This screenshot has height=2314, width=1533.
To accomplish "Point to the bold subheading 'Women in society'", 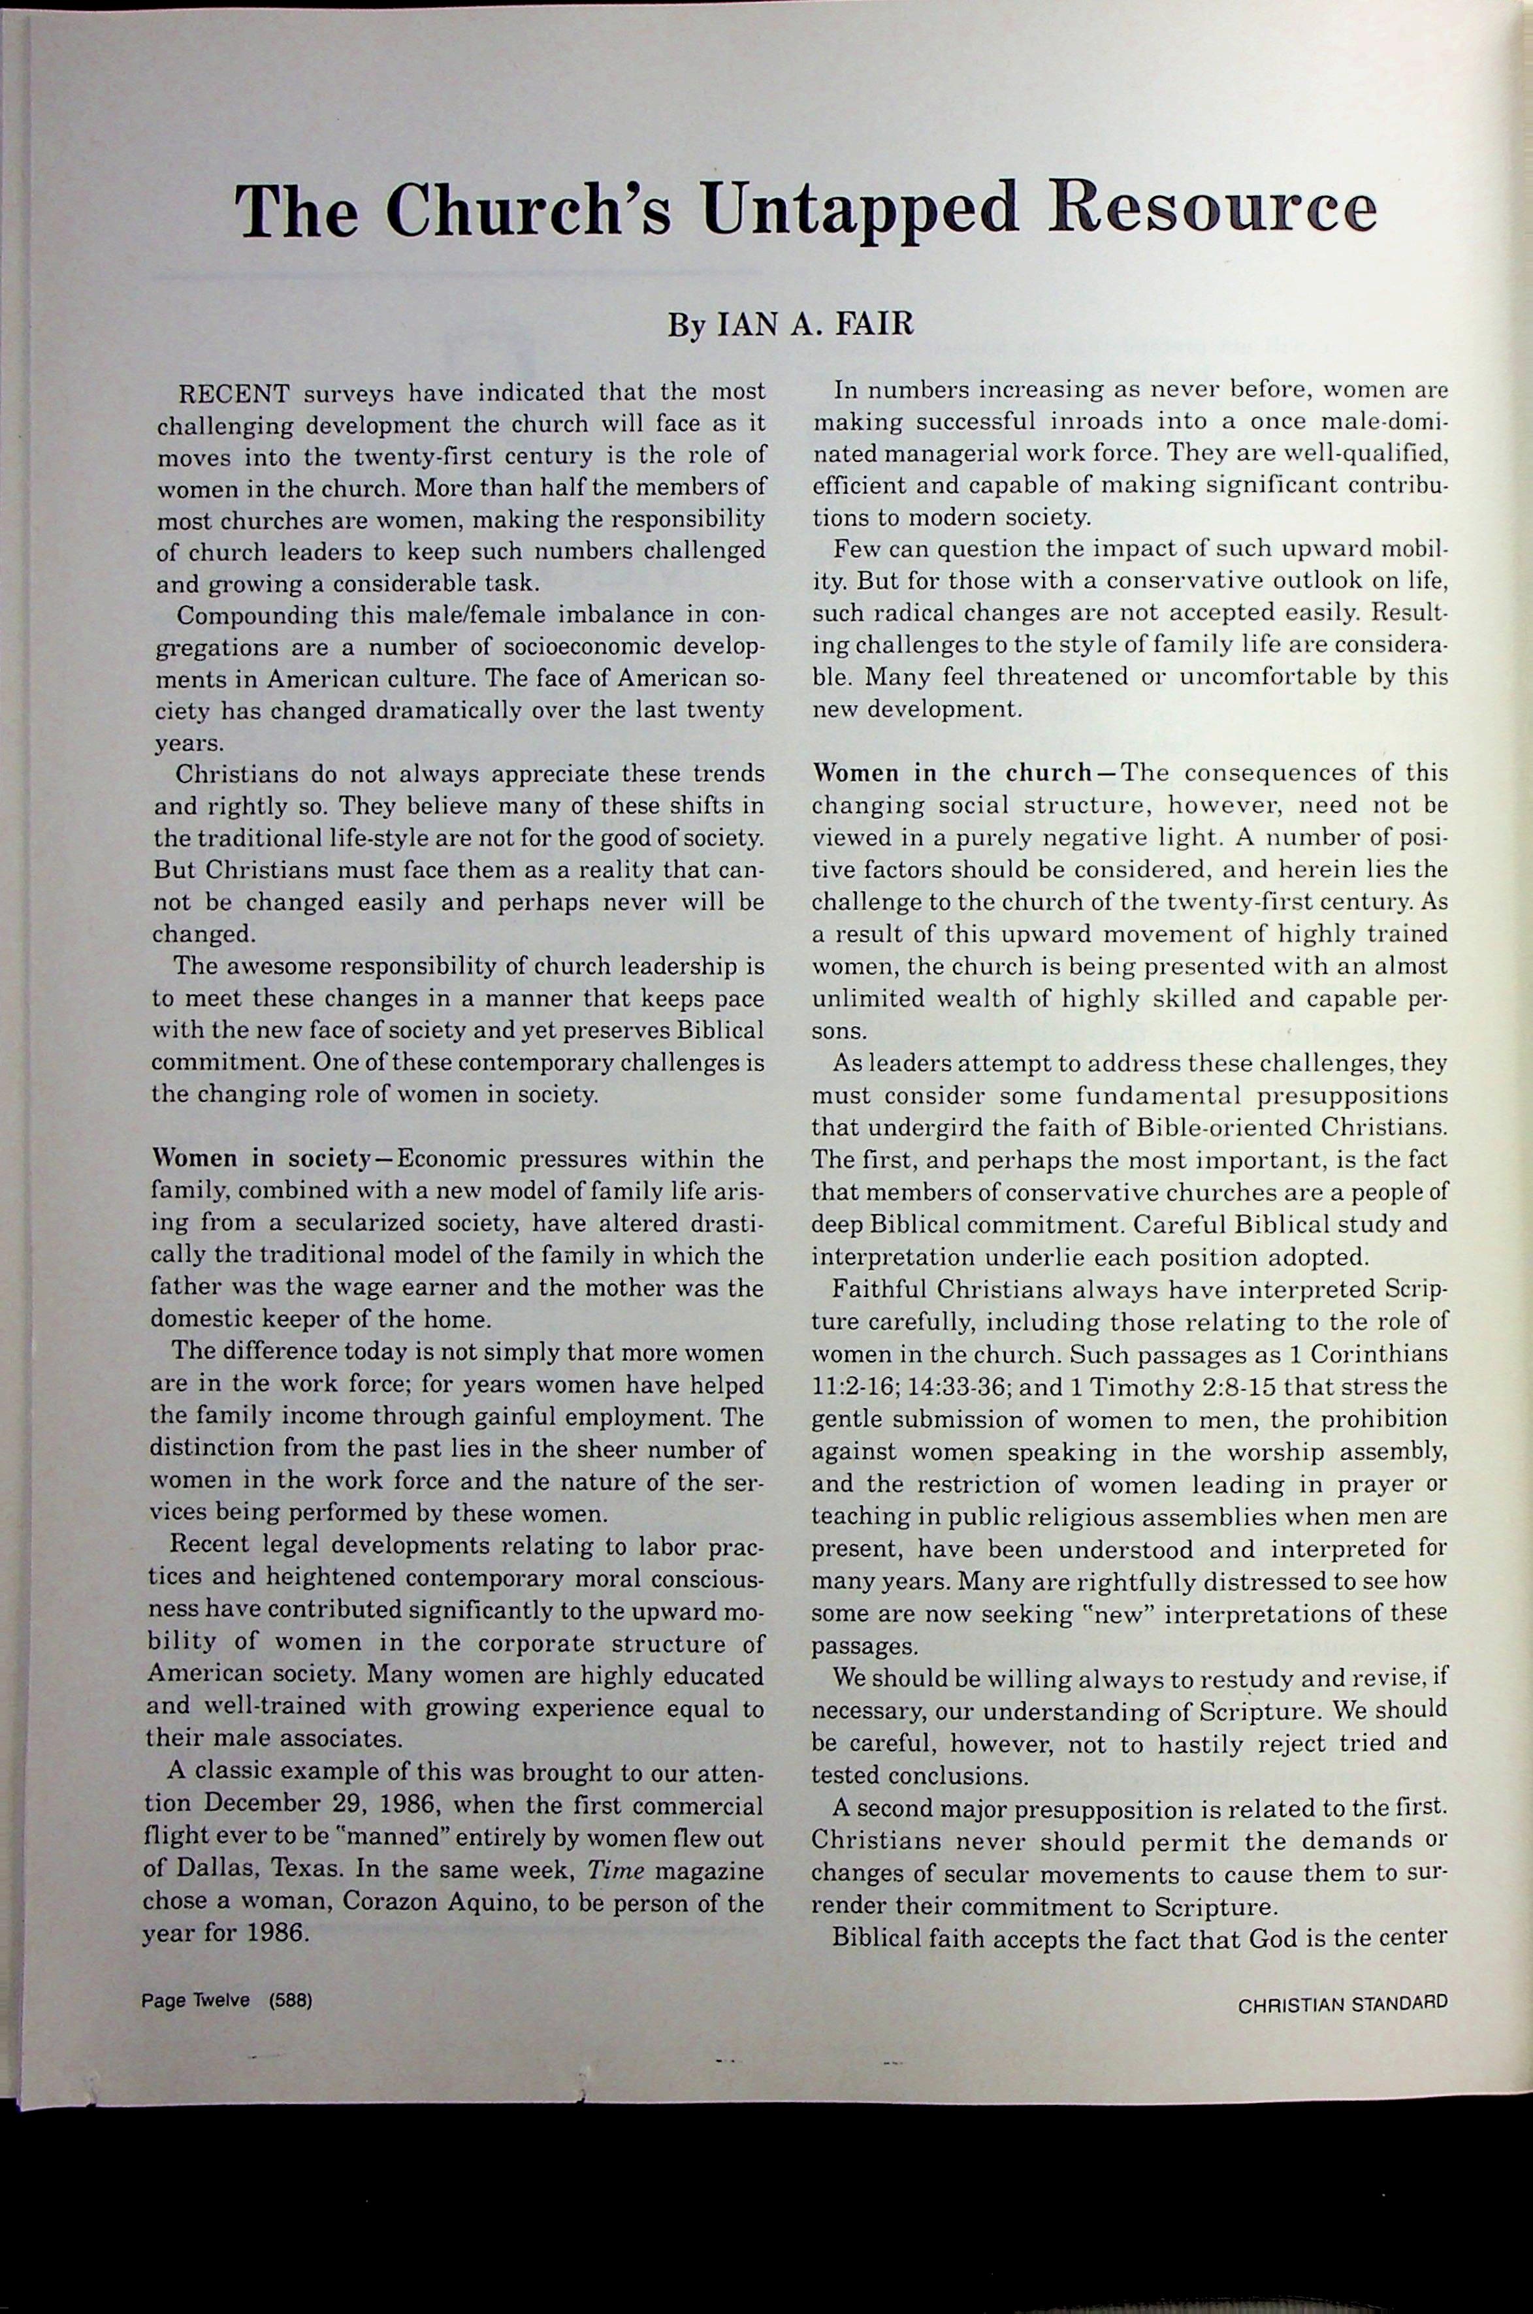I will point(258,1159).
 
